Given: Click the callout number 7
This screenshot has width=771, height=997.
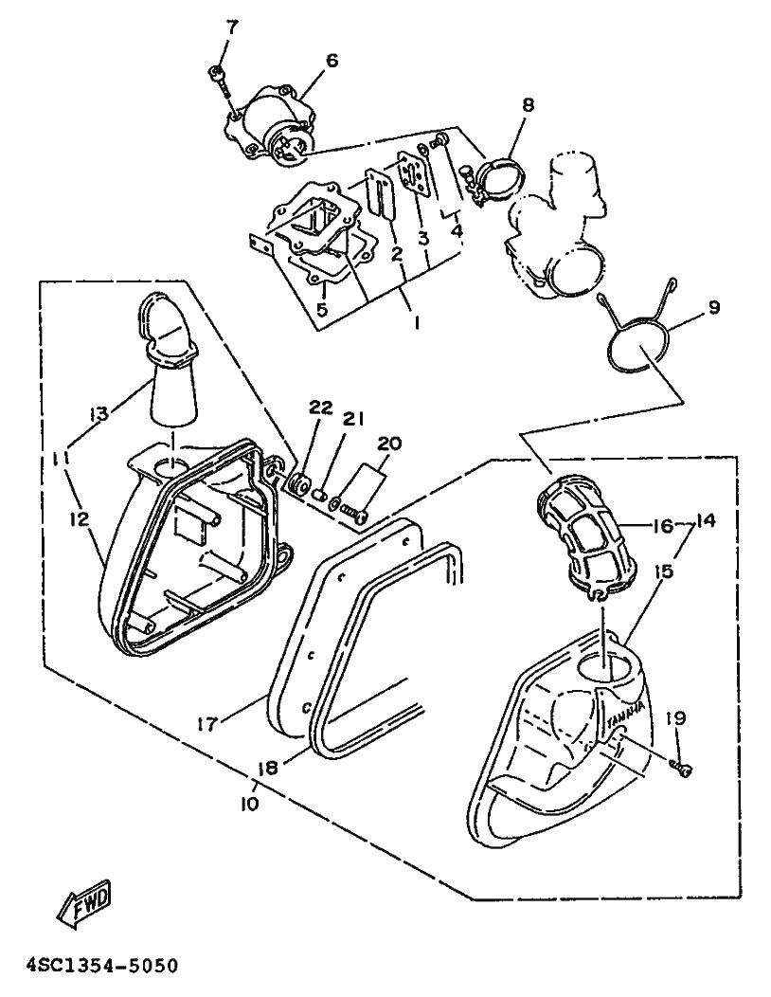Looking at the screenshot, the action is [x=231, y=27].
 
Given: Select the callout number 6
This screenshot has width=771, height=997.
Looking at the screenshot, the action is [x=332, y=61].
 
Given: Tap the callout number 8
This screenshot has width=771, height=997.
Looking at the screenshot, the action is [x=529, y=103].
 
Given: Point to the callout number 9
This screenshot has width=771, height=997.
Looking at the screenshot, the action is [x=713, y=307].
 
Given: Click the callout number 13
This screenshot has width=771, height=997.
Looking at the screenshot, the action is [x=99, y=414].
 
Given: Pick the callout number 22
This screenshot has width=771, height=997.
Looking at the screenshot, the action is [x=321, y=408].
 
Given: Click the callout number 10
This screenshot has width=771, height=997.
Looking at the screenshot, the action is [x=250, y=804].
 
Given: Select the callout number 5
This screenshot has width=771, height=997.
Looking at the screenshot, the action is [x=322, y=310].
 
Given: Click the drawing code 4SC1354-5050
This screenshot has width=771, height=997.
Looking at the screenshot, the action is [x=101, y=967].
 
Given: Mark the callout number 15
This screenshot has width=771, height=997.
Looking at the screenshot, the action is [x=664, y=571].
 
